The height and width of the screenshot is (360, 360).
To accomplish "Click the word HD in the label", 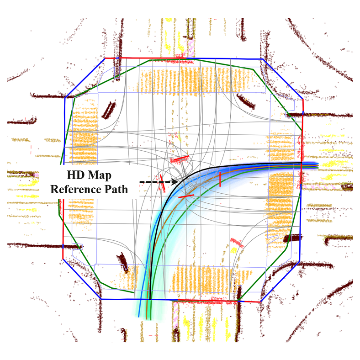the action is click(x=74, y=175).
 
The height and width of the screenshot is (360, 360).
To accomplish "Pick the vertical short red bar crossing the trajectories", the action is click(x=220, y=179).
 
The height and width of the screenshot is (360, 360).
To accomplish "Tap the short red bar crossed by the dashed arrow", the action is click(x=163, y=182).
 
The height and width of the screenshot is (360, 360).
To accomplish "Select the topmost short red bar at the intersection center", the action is click(x=180, y=159).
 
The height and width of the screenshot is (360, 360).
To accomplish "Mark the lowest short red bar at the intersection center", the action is click(x=186, y=196).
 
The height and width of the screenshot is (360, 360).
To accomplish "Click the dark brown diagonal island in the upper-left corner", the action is click(x=109, y=110).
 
